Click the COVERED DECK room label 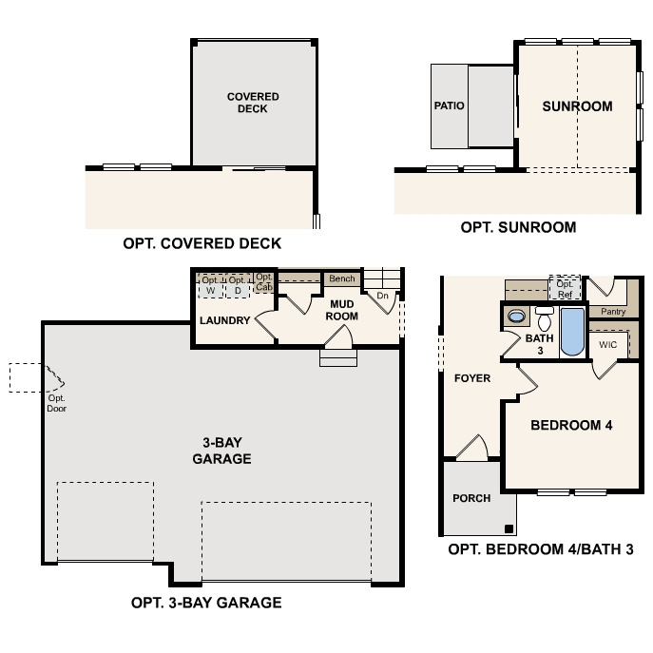(253, 103)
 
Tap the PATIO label (449, 106)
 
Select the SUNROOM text (577, 106)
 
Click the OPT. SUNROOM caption (518, 227)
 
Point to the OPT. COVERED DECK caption (202, 243)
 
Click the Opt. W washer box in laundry (211, 284)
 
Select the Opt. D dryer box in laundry (238, 284)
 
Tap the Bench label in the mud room (342, 278)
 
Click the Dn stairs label (383, 296)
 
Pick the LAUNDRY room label (224, 320)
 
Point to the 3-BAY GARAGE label (227, 451)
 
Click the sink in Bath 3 (516, 316)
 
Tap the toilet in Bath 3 (545, 318)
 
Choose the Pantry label (612, 311)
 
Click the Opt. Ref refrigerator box (565, 287)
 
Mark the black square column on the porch (510, 528)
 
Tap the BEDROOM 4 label (571, 425)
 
